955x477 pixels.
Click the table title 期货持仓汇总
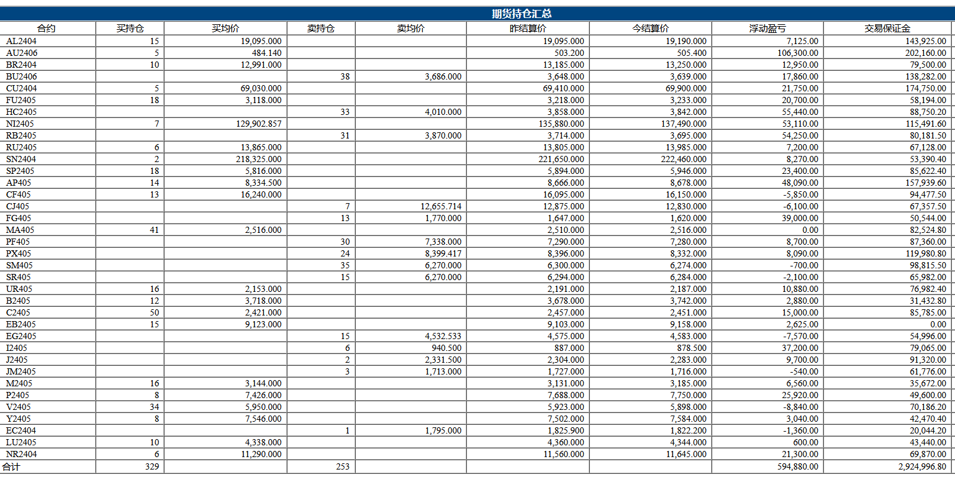[522, 14]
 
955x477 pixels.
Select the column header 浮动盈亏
[767, 29]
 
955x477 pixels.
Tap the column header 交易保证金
[887, 29]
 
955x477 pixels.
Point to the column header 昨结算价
[528, 29]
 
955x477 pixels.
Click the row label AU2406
[22, 53]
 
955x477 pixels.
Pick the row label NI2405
[20, 124]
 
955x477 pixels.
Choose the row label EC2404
[21, 430]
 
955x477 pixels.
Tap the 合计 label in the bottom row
[11, 467]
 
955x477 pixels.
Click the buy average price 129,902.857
[259, 124]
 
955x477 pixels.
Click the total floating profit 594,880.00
[798, 467]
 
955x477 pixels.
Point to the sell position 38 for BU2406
[345, 77]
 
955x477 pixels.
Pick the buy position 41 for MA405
[155, 230]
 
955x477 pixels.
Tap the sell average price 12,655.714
[441, 206]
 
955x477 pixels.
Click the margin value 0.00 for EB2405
[938, 324]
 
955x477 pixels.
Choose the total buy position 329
[152, 467]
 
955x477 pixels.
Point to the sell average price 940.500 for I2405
[446, 348]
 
